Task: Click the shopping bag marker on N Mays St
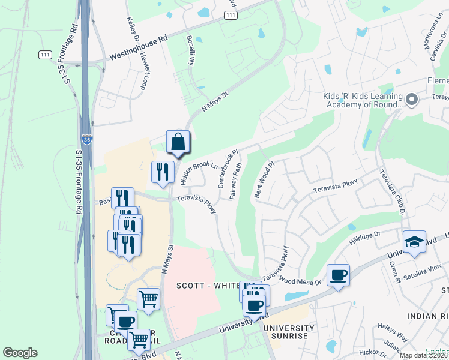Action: coord(178,142)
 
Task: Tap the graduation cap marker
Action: coord(414,242)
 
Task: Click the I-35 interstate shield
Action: coord(87,139)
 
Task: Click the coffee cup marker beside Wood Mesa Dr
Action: coord(339,275)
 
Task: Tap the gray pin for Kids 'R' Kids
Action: coord(412,99)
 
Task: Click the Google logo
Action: coord(20,353)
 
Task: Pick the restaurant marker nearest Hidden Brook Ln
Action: coord(163,172)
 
